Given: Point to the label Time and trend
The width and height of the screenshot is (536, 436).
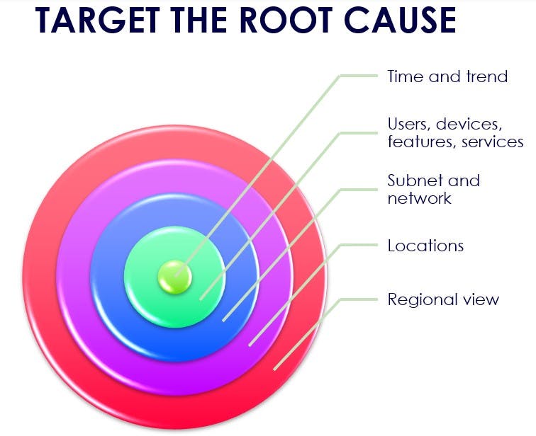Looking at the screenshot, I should tap(447, 76).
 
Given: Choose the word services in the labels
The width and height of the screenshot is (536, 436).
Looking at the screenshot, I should tap(493, 142).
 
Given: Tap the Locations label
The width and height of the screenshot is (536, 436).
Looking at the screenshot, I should tap(425, 246).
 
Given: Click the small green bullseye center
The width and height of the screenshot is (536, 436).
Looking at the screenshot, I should tap(174, 276).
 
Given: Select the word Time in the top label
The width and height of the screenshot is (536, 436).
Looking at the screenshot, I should tap(403, 76).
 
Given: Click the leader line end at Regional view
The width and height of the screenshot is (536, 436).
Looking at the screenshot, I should tap(376, 299).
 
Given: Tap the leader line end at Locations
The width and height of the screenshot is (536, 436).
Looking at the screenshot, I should tap(376, 245).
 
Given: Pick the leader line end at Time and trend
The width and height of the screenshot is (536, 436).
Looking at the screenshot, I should tap(376, 76).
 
